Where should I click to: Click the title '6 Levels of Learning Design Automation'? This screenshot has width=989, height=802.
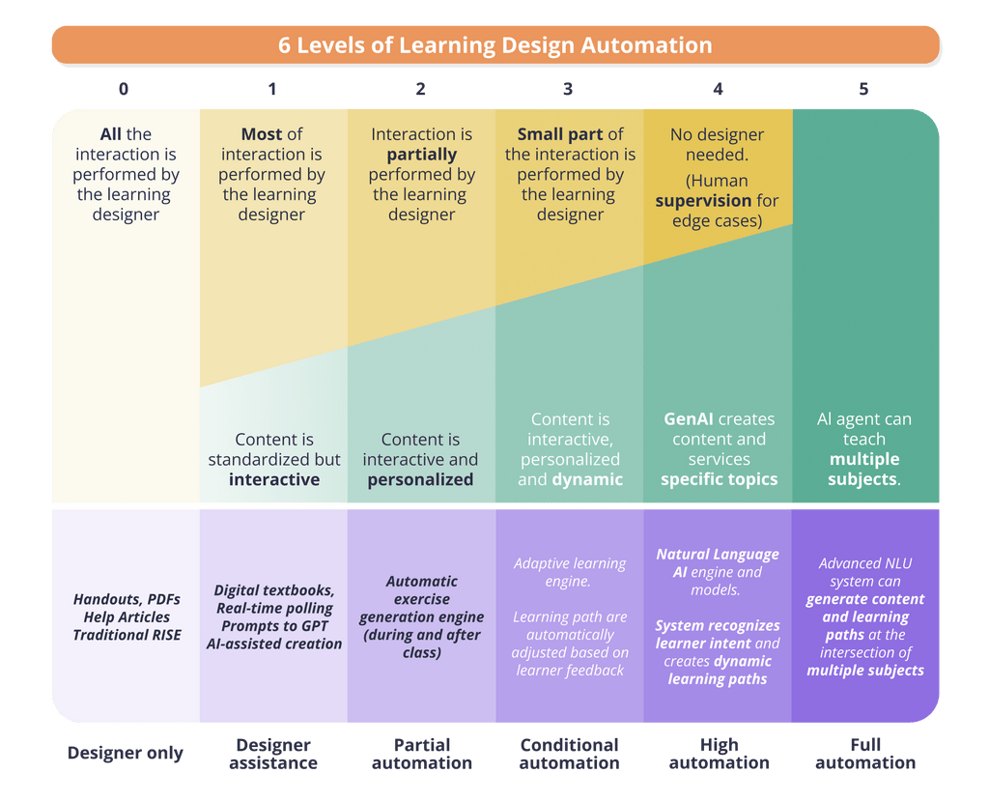click(495, 45)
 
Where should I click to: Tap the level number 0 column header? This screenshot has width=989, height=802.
click(124, 89)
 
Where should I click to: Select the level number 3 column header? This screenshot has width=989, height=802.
click(568, 89)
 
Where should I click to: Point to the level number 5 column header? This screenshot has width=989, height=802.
click(863, 89)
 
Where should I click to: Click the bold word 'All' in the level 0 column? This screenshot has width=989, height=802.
click(110, 134)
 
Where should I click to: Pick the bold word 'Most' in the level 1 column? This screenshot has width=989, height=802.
click(262, 134)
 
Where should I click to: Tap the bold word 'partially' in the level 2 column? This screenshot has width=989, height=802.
click(421, 156)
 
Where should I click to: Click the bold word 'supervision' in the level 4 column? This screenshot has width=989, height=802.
click(703, 201)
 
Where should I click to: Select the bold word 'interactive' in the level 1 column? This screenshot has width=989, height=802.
click(274, 479)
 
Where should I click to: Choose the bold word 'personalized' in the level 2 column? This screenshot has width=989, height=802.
click(421, 480)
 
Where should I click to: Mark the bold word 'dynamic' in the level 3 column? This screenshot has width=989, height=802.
click(587, 480)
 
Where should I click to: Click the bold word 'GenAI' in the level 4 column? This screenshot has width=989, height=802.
click(688, 419)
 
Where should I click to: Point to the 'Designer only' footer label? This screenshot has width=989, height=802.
click(126, 754)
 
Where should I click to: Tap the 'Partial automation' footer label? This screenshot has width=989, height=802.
click(422, 754)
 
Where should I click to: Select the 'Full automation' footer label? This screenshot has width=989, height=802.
click(865, 754)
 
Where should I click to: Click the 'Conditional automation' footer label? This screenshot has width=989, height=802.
click(570, 754)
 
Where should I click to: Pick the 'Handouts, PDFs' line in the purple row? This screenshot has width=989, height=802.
click(127, 599)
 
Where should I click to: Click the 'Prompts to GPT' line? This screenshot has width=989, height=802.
click(274, 626)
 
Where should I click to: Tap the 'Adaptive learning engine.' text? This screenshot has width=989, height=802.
click(570, 572)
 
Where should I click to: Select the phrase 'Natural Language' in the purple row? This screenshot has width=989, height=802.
click(718, 555)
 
